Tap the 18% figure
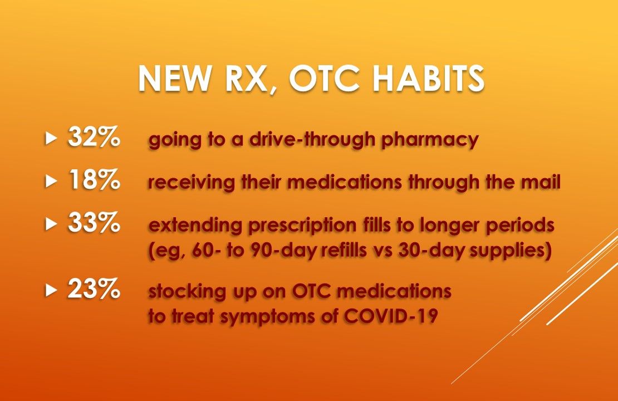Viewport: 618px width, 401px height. pyautogui.click(x=93, y=182)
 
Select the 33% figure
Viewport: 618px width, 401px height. pyautogui.click(x=93, y=224)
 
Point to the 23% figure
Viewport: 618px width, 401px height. pyautogui.click(x=93, y=290)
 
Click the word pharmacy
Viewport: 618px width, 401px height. pyautogui.click(x=429, y=140)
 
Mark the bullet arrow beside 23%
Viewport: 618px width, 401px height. pyautogui.click(x=52, y=290)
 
